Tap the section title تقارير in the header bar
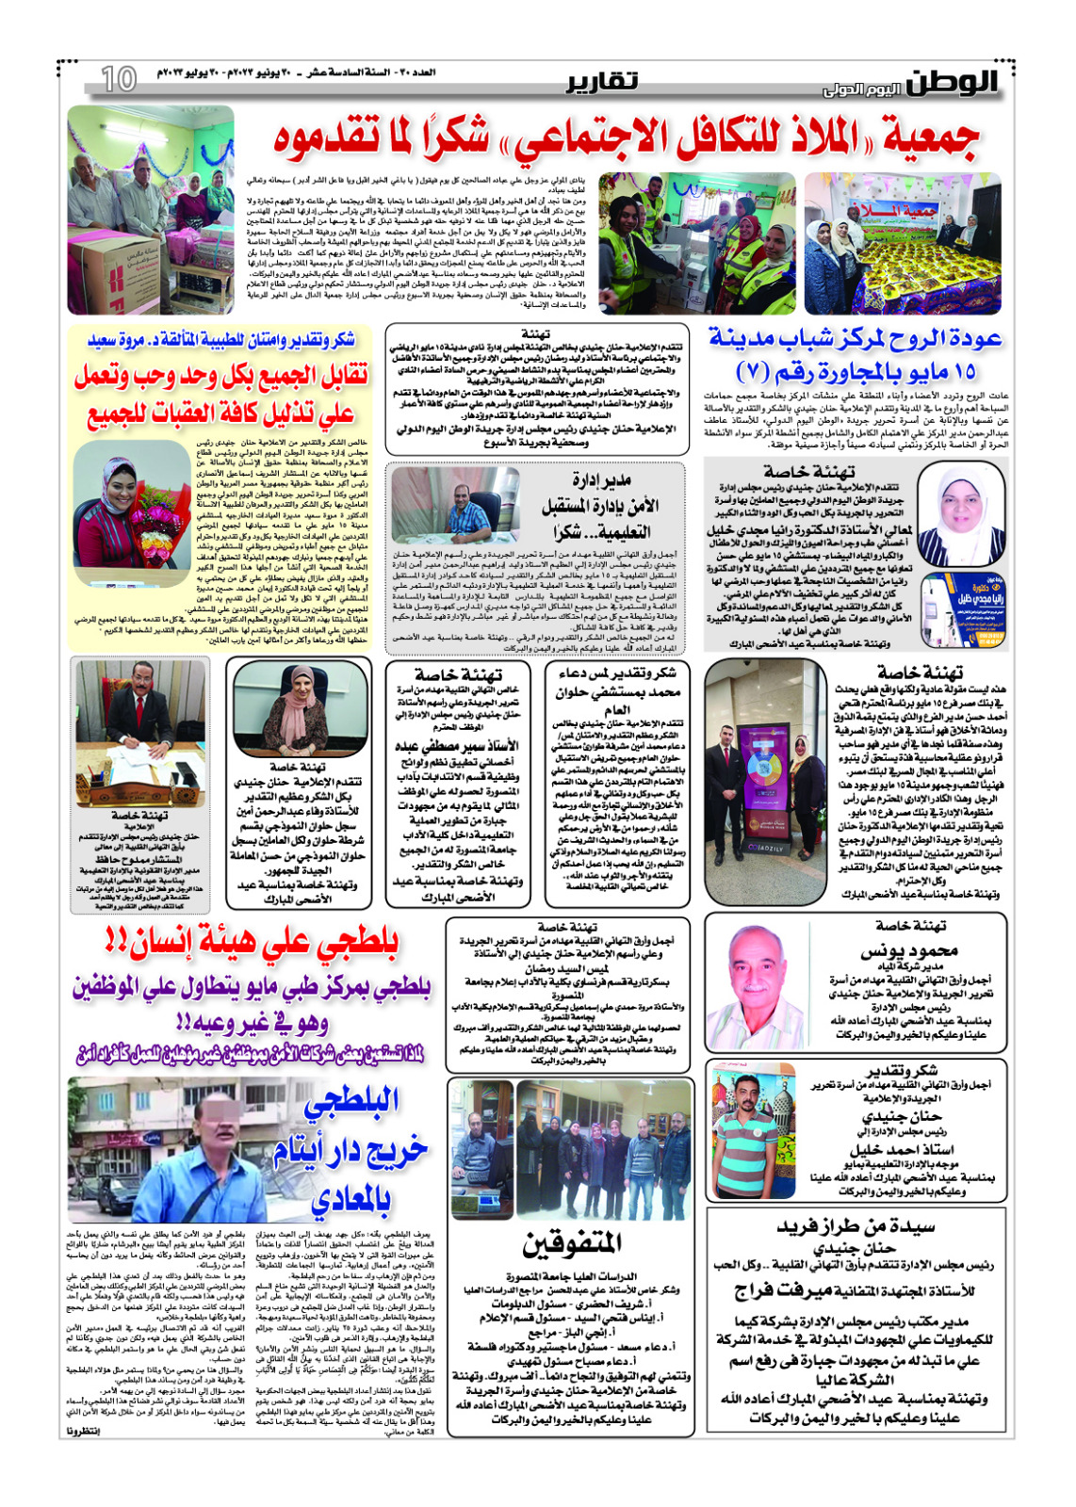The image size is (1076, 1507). pos(602,82)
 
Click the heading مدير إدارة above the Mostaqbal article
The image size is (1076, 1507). pos(600,480)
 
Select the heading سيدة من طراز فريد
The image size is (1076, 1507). pos(856,1227)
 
